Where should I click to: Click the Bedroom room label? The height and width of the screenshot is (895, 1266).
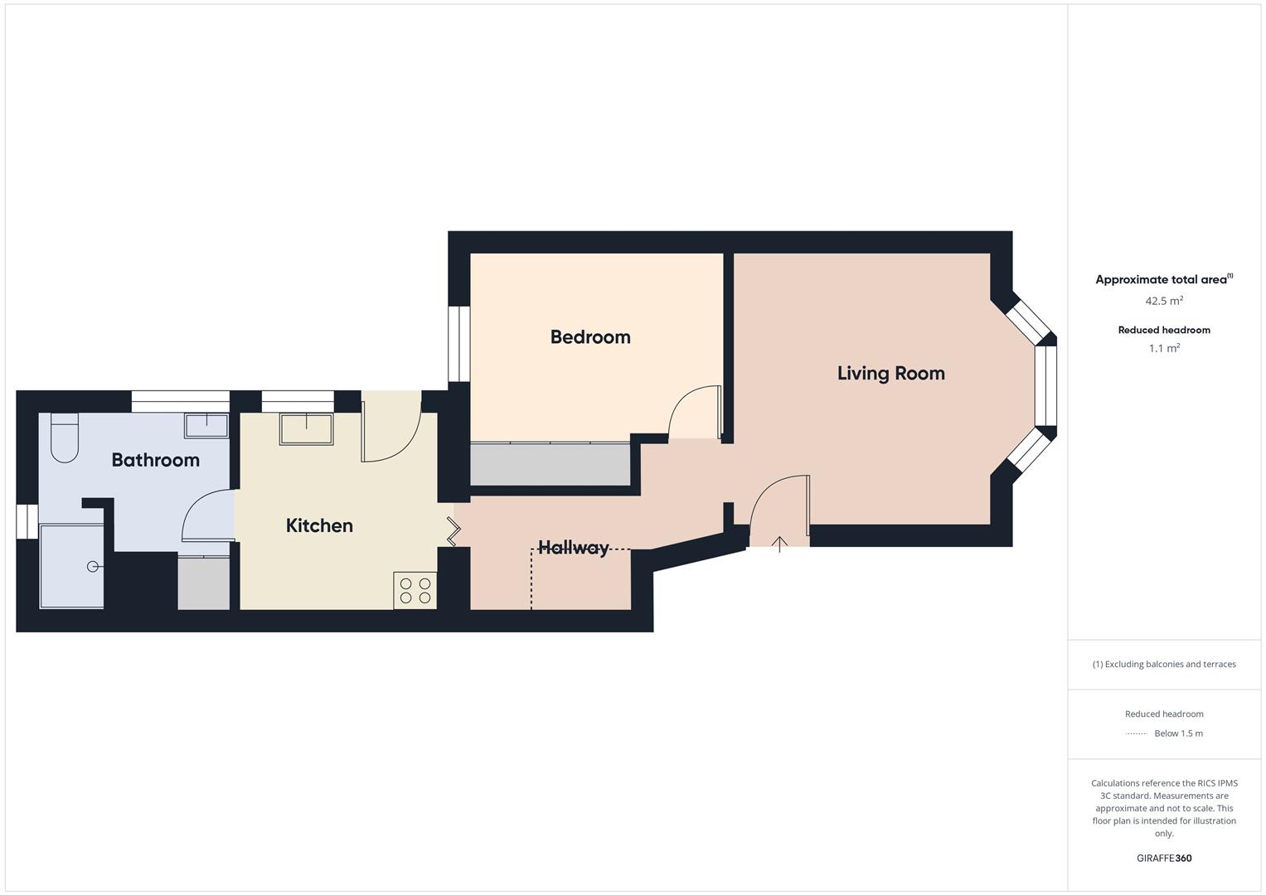point(590,337)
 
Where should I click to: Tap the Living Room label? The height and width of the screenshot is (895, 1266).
point(890,374)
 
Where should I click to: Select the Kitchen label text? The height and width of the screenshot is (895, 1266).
point(319,525)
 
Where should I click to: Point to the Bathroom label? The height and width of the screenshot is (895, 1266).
point(156,460)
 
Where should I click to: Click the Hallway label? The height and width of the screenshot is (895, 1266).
point(574,548)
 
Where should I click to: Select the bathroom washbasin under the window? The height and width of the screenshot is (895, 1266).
point(206,425)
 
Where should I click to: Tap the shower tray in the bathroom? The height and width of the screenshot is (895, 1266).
point(72,566)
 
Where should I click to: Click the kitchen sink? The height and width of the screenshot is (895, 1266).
point(306,429)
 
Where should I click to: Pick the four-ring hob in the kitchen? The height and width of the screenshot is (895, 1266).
point(415,590)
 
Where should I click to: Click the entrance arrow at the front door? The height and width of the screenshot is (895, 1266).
point(779,544)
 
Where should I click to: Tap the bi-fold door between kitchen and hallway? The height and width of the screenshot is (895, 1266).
point(454,531)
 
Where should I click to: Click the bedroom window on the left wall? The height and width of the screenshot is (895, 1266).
point(458,344)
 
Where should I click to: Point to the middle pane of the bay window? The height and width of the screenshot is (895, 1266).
point(1045,385)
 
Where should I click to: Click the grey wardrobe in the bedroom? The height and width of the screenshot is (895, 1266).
point(551,465)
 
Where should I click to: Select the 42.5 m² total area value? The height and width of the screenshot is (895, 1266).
point(1164,301)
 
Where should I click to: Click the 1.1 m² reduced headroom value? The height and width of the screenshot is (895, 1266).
point(1164,349)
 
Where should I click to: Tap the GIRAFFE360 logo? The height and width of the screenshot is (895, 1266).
point(1164,859)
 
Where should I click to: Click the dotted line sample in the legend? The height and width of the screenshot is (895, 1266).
point(1136,733)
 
